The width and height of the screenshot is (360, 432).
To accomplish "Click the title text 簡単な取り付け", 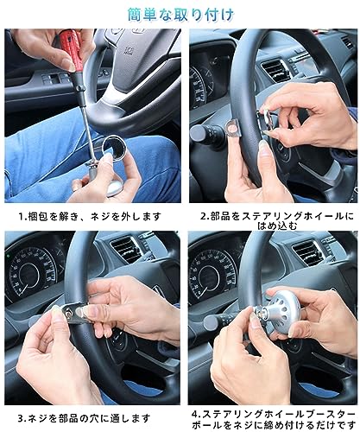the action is tap(180, 15).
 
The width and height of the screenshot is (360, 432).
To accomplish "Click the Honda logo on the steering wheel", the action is tap(127, 49).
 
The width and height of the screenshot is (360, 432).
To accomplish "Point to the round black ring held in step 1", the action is tap(114, 148).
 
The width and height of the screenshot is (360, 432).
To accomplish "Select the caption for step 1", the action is tap(90, 216).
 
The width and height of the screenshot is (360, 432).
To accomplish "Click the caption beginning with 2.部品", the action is tap(277, 221).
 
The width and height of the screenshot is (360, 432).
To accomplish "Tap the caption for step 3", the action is tap(84, 418).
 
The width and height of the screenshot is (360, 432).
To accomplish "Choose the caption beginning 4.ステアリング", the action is tap(274, 419).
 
